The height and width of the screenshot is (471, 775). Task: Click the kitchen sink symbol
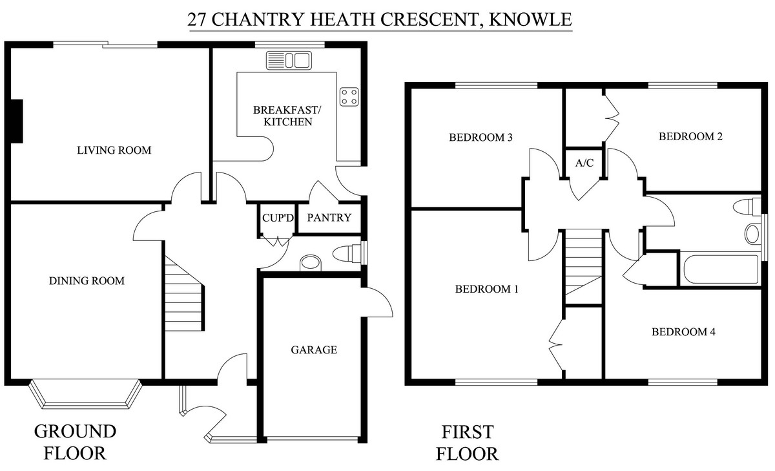(289, 60)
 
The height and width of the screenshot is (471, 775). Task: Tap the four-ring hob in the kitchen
(349, 97)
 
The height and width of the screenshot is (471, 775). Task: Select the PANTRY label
(329, 218)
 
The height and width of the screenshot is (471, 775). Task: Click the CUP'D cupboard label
(278, 218)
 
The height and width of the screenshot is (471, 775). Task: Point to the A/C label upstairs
(584, 163)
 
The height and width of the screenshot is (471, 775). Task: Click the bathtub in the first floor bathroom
(721, 269)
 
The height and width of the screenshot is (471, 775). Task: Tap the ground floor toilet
(347, 254)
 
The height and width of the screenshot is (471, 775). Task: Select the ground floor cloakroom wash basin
(310, 262)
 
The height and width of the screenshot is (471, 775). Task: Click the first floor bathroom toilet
(747, 207)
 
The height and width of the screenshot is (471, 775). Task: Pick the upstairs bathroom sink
(752, 234)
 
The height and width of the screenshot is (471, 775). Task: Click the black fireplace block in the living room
(17, 121)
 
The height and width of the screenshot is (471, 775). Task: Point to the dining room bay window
(85, 394)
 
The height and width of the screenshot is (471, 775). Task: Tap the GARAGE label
(314, 350)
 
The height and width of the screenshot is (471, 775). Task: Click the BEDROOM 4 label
(683, 332)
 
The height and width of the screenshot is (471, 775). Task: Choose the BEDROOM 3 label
(480, 138)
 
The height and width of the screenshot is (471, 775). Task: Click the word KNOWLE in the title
(530, 19)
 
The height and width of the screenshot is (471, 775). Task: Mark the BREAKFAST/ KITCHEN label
(287, 116)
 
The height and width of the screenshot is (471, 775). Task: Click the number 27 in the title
(197, 20)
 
